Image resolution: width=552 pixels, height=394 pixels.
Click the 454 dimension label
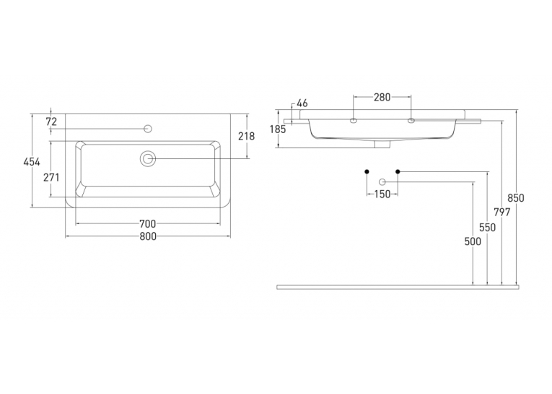point(32,162)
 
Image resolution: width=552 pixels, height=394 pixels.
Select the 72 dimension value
point(51,121)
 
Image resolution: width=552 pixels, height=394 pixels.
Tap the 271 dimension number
point(51,177)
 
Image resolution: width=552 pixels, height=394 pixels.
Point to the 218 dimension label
point(247,136)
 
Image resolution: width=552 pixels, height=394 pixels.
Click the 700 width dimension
point(147,223)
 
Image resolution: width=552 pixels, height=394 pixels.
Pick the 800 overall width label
point(147,236)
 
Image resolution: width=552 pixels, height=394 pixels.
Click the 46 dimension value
point(302,103)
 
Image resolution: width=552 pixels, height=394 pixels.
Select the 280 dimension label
point(382,97)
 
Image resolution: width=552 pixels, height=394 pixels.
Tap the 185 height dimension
point(278,129)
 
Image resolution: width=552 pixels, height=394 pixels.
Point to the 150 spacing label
point(382,194)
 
